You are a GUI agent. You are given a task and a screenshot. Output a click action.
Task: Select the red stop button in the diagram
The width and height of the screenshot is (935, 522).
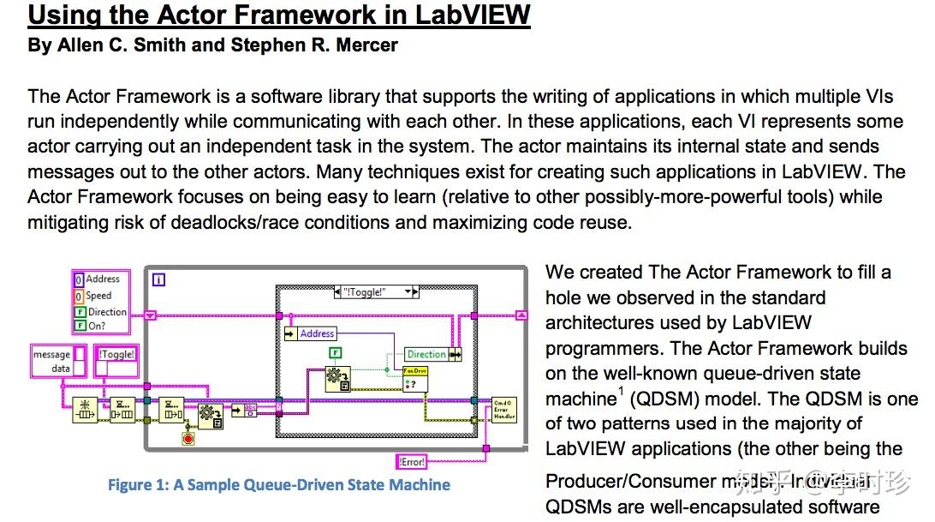[x=188, y=438]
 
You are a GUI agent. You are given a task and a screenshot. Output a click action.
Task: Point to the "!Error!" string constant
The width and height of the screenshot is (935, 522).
[x=413, y=461]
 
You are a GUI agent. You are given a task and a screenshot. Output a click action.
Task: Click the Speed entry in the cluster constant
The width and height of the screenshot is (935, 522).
[x=98, y=296]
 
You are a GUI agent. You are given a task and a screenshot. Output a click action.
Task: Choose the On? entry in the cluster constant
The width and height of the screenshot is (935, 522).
[x=97, y=325]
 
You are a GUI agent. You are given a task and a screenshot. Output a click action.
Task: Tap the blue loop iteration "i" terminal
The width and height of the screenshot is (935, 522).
[x=158, y=279]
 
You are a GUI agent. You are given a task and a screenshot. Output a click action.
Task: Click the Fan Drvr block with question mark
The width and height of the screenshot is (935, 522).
[x=415, y=378]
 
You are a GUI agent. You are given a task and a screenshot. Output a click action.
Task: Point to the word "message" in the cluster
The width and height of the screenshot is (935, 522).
[x=51, y=355]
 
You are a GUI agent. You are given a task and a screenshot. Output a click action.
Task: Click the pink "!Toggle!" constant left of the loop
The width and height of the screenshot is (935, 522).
[x=116, y=354]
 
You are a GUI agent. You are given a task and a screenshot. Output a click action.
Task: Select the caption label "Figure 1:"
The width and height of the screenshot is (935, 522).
[x=138, y=485]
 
